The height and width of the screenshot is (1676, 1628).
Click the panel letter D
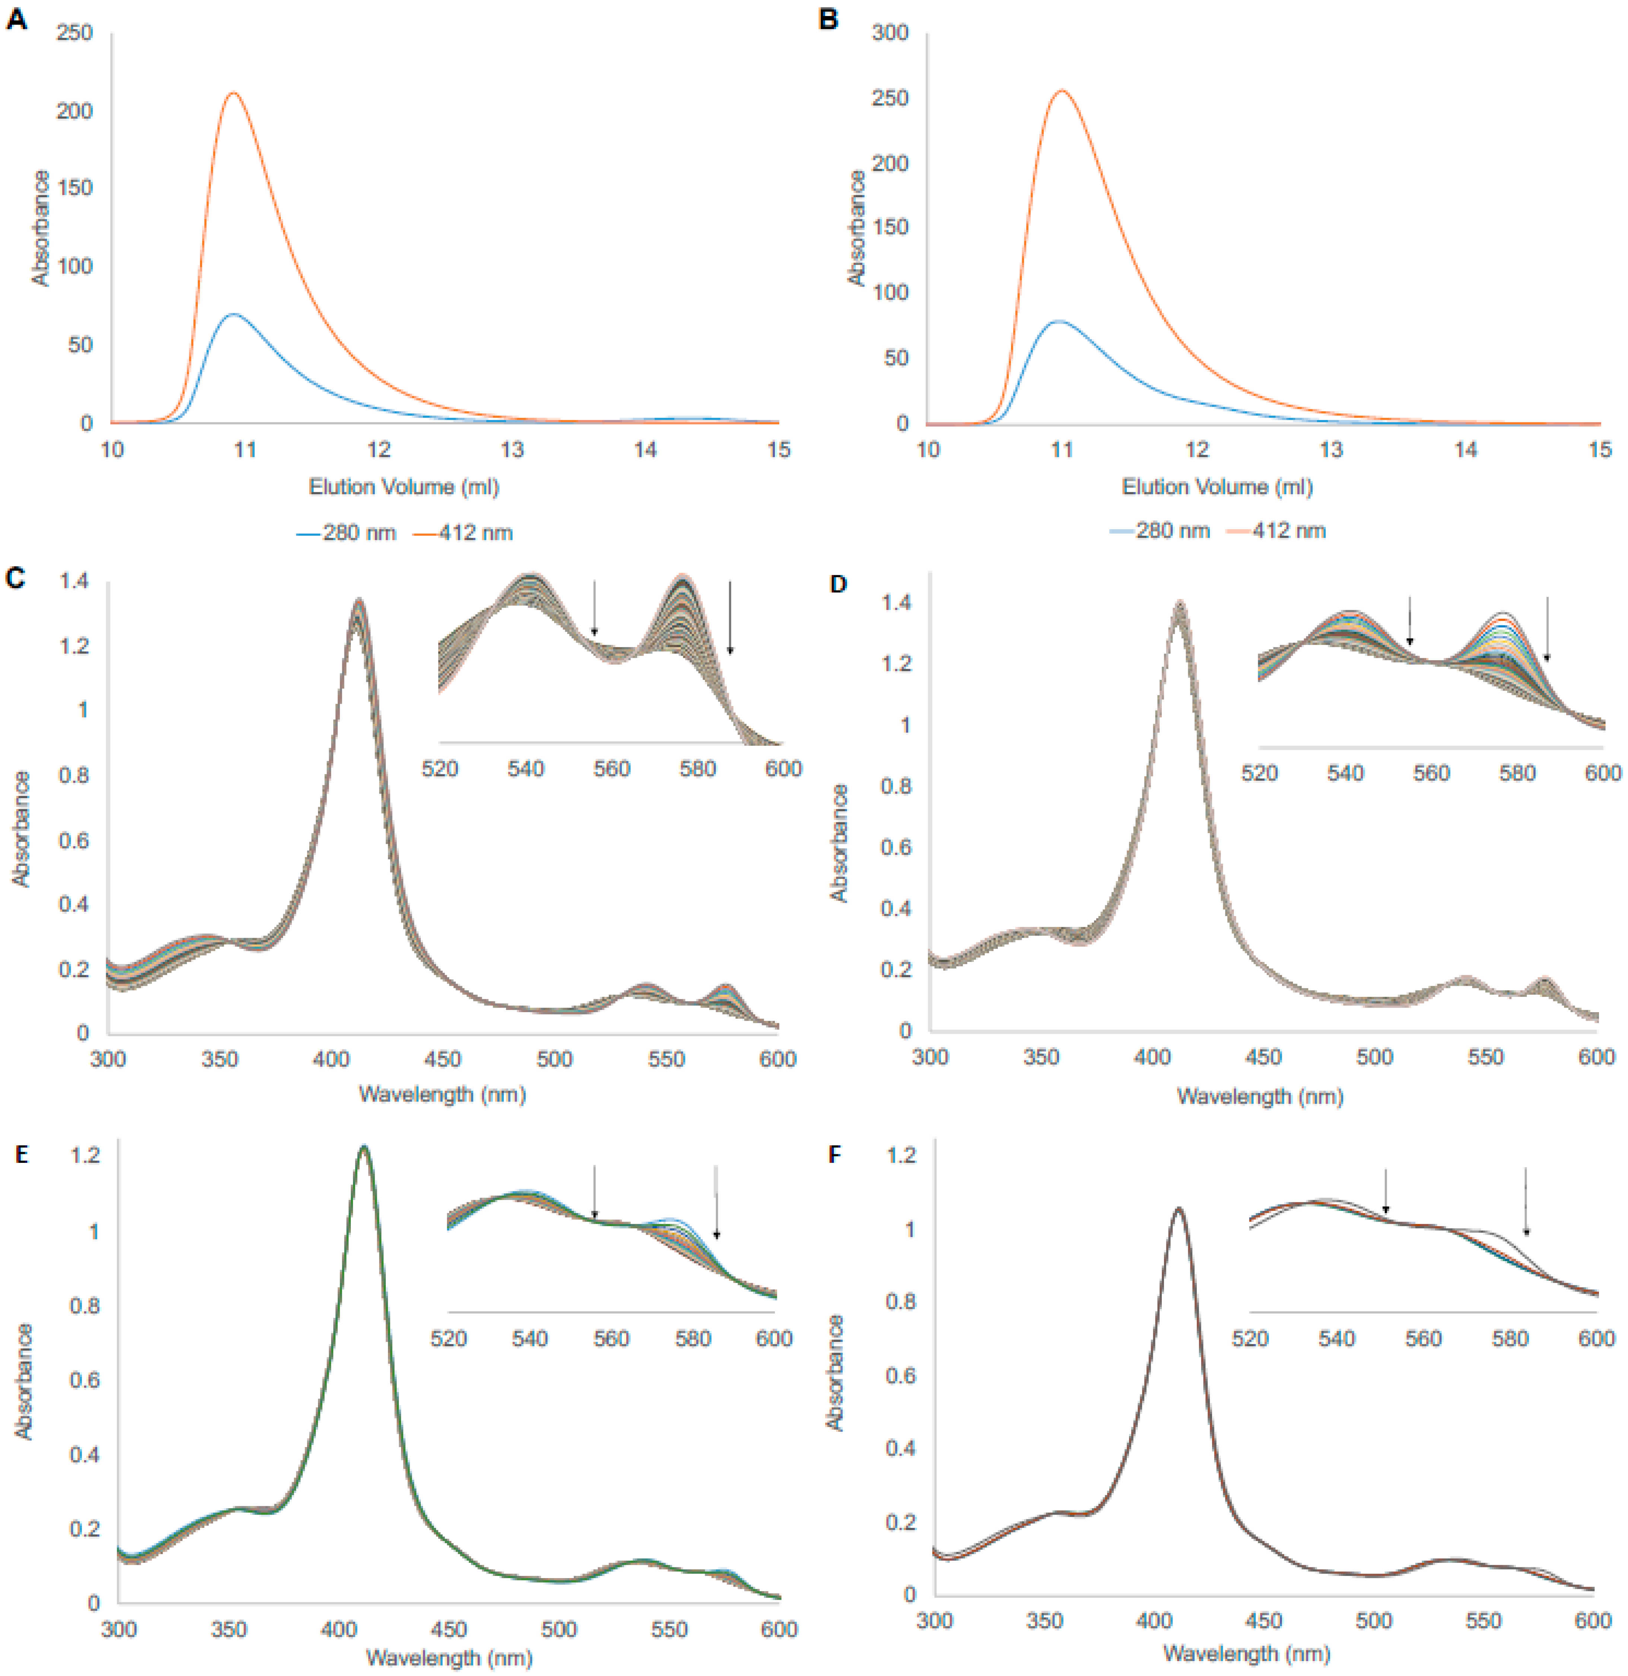838,584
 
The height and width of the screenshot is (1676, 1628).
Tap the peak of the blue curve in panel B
1059,321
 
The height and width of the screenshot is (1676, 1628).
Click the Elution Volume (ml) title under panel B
1217,487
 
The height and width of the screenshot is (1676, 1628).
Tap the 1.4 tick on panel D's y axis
896,603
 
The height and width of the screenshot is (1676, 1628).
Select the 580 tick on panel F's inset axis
1510,1338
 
